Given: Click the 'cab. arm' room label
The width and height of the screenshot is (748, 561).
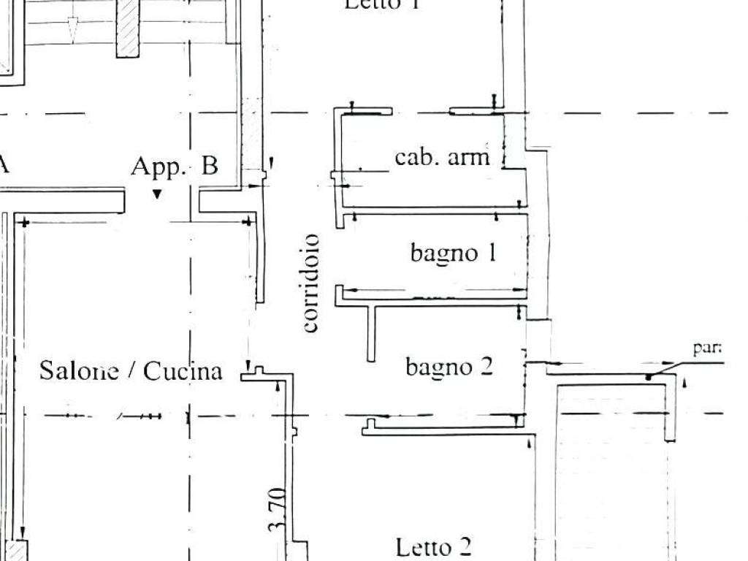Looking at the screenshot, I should (442, 157).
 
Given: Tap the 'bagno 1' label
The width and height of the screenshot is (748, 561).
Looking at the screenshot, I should (453, 253).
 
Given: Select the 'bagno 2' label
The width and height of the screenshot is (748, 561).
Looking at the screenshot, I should (449, 366).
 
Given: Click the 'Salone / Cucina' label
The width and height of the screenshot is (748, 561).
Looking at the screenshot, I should (131, 371).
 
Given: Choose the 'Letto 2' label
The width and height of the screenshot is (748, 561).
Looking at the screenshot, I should (433, 546).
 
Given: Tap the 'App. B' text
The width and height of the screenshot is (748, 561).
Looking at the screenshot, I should (174, 167).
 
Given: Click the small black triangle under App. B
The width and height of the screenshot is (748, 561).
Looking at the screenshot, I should (156, 194).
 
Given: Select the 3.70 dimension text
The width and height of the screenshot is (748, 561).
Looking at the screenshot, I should (276, 511).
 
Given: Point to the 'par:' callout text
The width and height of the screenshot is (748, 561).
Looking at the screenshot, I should (706, 348).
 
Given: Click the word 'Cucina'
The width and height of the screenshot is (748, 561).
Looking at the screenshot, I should (183, 371).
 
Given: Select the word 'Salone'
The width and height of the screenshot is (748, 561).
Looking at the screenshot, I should (79, 371).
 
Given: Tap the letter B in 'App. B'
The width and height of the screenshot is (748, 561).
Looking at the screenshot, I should (209, 167).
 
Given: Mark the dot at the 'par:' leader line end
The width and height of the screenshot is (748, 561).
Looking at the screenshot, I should (648, 377).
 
